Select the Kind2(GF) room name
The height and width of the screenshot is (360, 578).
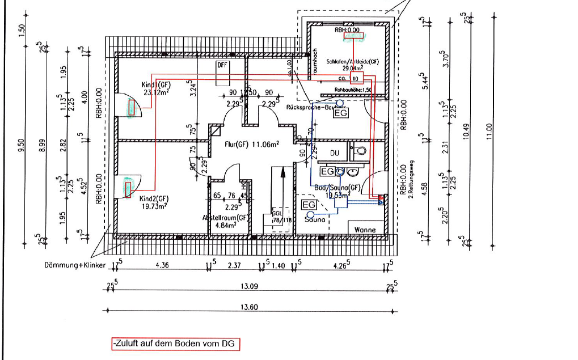(154, 199)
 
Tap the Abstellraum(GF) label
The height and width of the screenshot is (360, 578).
(226, 217)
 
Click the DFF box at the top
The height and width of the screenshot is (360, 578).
(221, 65)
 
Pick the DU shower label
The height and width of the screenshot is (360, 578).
(335, 153)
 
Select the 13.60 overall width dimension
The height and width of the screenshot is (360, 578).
(250, 307)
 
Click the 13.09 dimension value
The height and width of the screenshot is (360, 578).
(250, 287)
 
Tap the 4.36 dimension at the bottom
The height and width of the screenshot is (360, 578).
(162, 265)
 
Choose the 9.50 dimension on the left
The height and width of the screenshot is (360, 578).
(22, 146)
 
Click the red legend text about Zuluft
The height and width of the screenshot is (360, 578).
(175, 344)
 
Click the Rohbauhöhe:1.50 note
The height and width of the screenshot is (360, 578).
(353, 90)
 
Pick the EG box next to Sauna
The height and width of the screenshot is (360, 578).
(309, 205)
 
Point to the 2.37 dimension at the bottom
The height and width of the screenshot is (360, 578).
(234, 265)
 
